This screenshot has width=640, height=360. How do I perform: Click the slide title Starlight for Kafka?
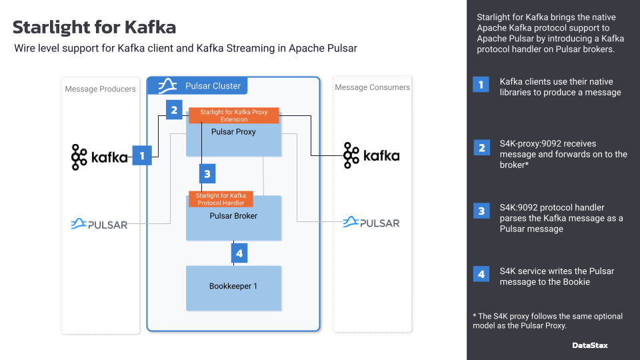[x=94, y=27]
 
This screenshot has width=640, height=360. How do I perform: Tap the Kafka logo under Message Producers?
[x=99, y=157]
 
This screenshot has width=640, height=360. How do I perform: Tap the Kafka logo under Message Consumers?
[x=371, y=156]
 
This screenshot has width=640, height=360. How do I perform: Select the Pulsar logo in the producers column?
[x=99, y=224]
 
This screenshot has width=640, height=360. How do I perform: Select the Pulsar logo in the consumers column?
[x=371, y=222]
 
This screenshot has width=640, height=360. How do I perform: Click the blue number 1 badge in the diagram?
[x=141, y=155]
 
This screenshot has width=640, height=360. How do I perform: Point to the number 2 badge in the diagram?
[x=174, y=109]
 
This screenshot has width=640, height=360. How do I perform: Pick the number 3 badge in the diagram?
[x=207, y=174]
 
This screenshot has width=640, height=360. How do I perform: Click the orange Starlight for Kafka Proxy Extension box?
[x=234, y=115]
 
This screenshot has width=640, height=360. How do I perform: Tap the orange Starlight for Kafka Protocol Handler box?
[x=221, y=199]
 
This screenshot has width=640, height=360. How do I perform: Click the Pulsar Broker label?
[x=233, y=216]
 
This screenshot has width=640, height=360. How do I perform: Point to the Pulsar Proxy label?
[x=233, y=131]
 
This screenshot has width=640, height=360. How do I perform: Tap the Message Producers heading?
[x=100, y=89]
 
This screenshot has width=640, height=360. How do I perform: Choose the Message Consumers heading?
[x=372, y=87]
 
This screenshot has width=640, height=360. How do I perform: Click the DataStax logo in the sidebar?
[x=590, y=345]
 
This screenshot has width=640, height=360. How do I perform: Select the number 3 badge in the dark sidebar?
[x=481, y=211]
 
